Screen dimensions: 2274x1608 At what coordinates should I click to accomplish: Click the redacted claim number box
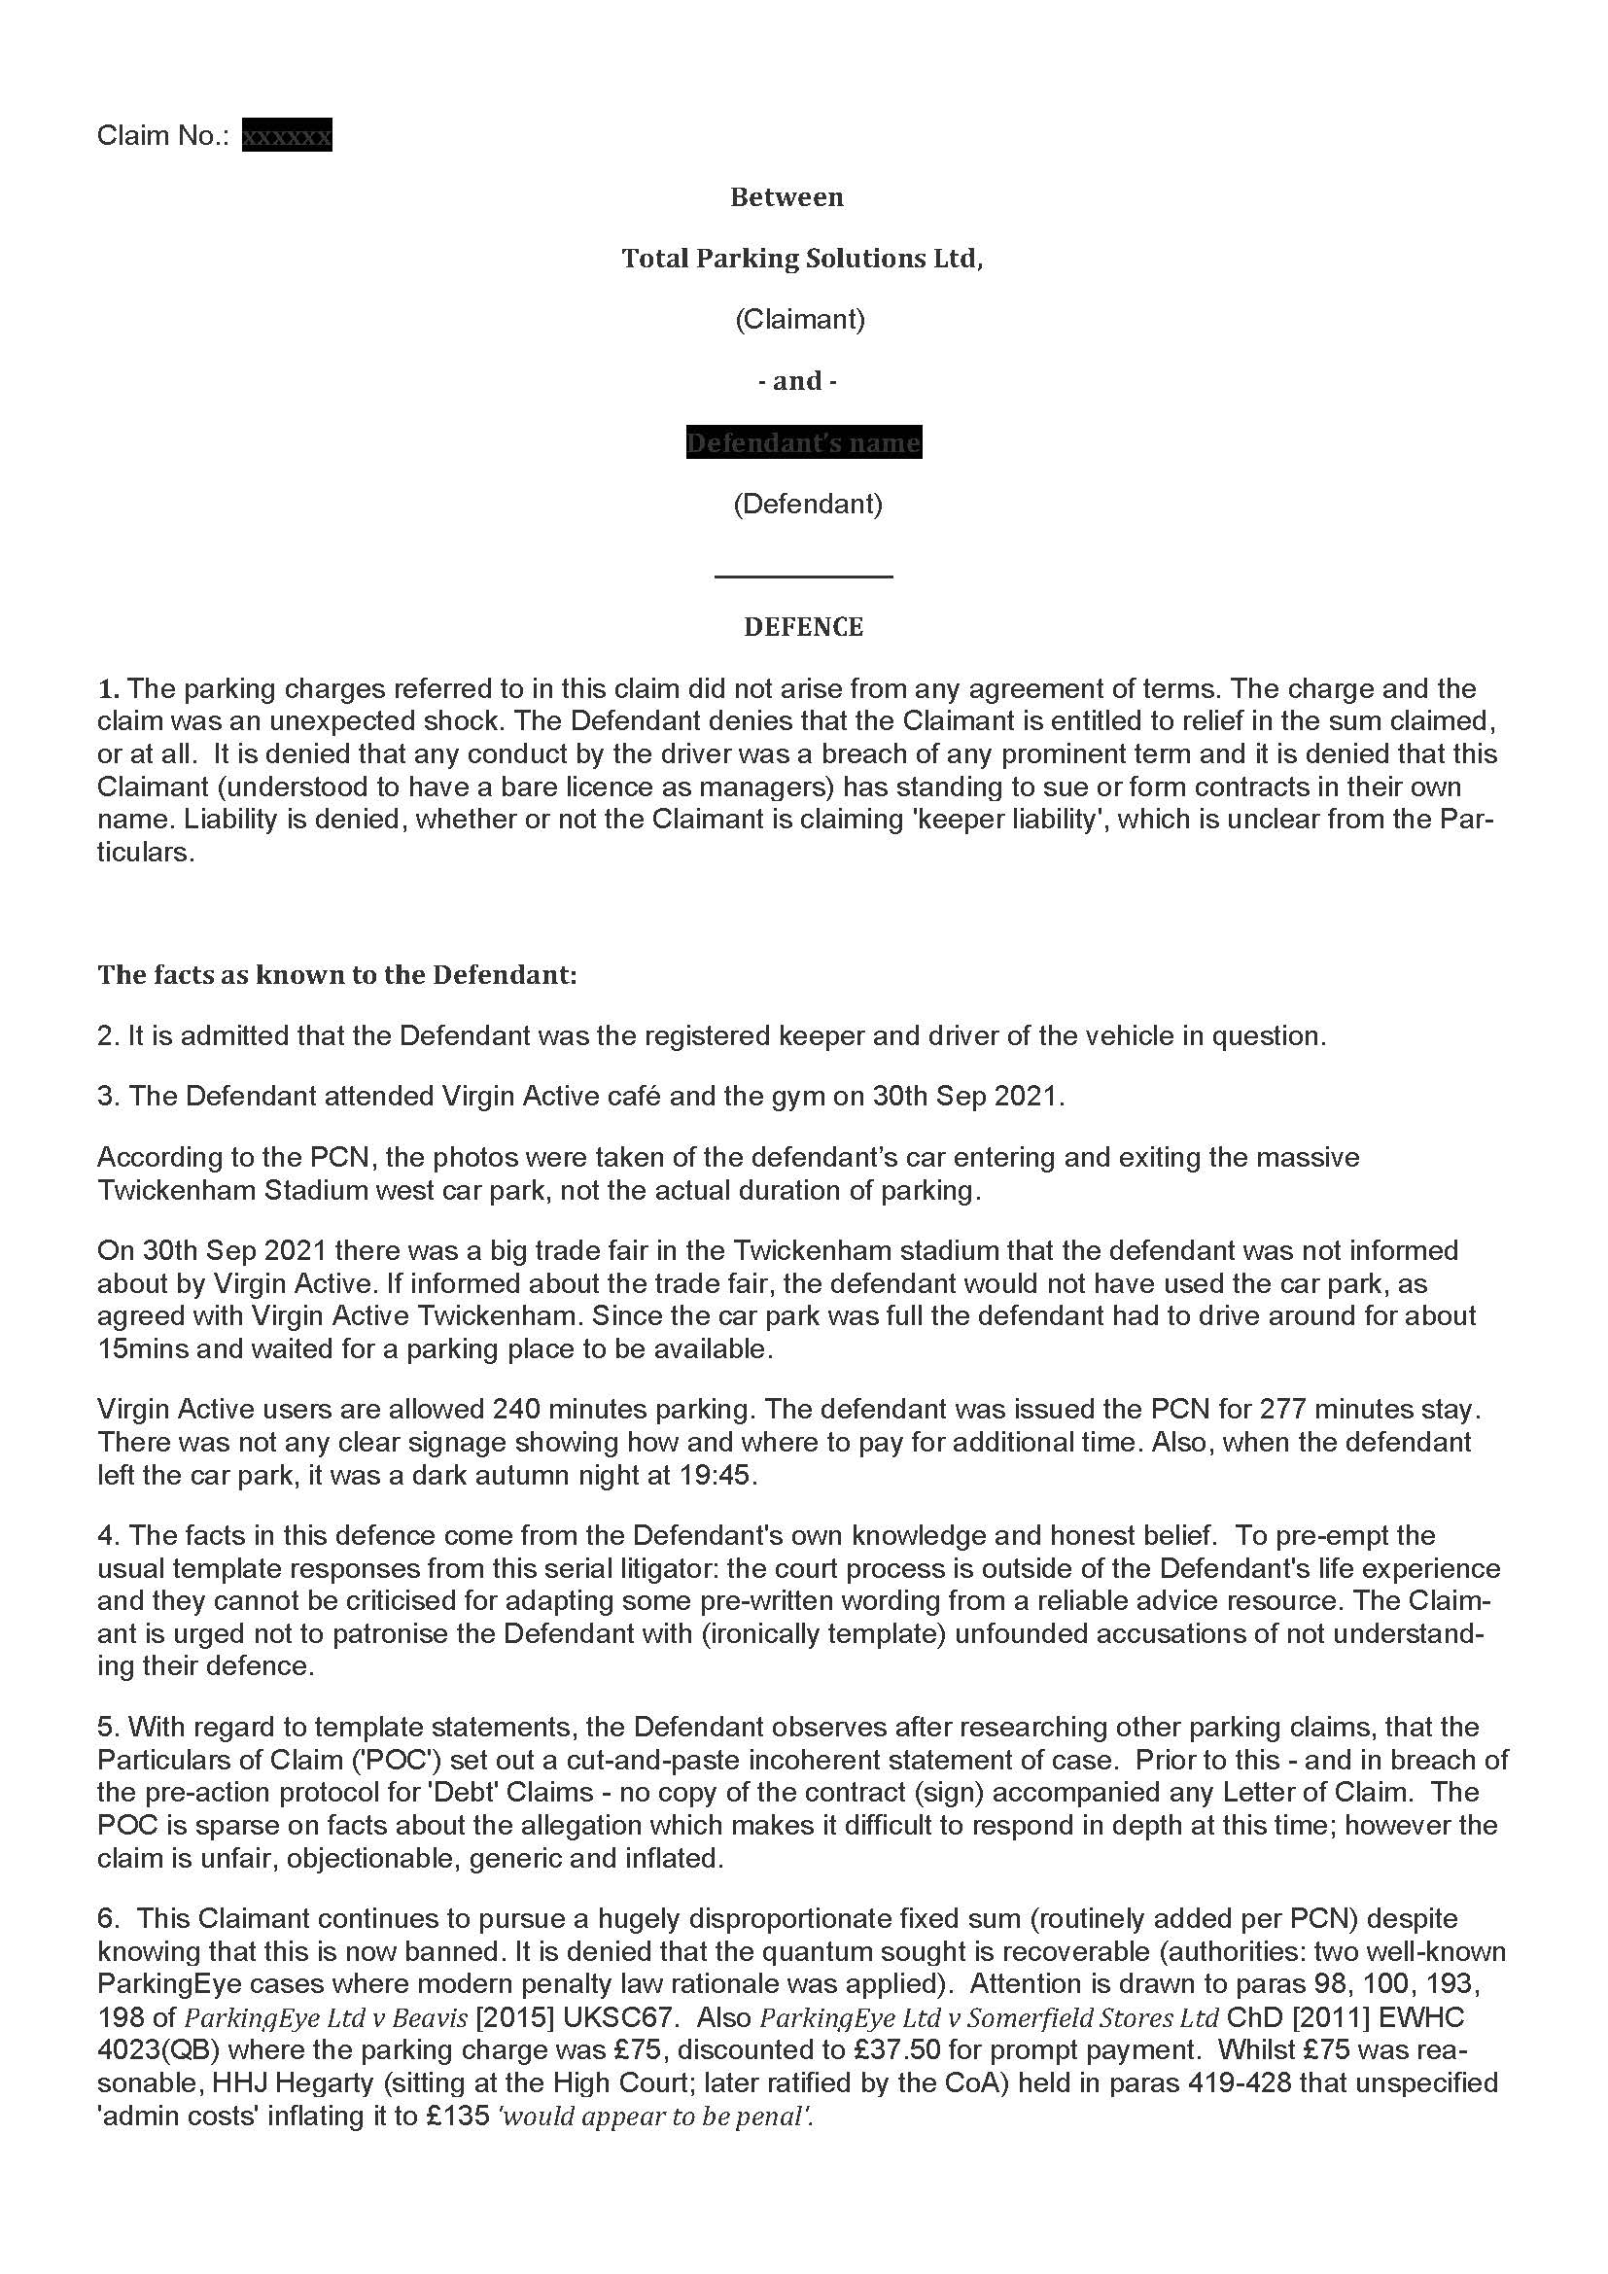(287, 135)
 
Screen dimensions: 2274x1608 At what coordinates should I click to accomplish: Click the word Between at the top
(787, 197)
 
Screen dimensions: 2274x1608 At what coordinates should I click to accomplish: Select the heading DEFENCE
(803, 627)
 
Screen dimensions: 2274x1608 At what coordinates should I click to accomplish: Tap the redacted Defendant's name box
(803, 442)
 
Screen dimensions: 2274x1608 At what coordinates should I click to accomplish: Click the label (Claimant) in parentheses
(800, 319)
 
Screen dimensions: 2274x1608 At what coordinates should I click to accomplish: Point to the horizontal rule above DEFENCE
(803, 576)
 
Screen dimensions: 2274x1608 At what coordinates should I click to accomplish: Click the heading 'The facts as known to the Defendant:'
(336, 974)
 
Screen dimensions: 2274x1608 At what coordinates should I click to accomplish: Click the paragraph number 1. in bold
(108, 688)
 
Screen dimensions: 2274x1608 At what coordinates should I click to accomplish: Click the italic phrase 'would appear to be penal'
(655, 2117)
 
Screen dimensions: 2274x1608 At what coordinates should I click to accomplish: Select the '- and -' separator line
(797, 381)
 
